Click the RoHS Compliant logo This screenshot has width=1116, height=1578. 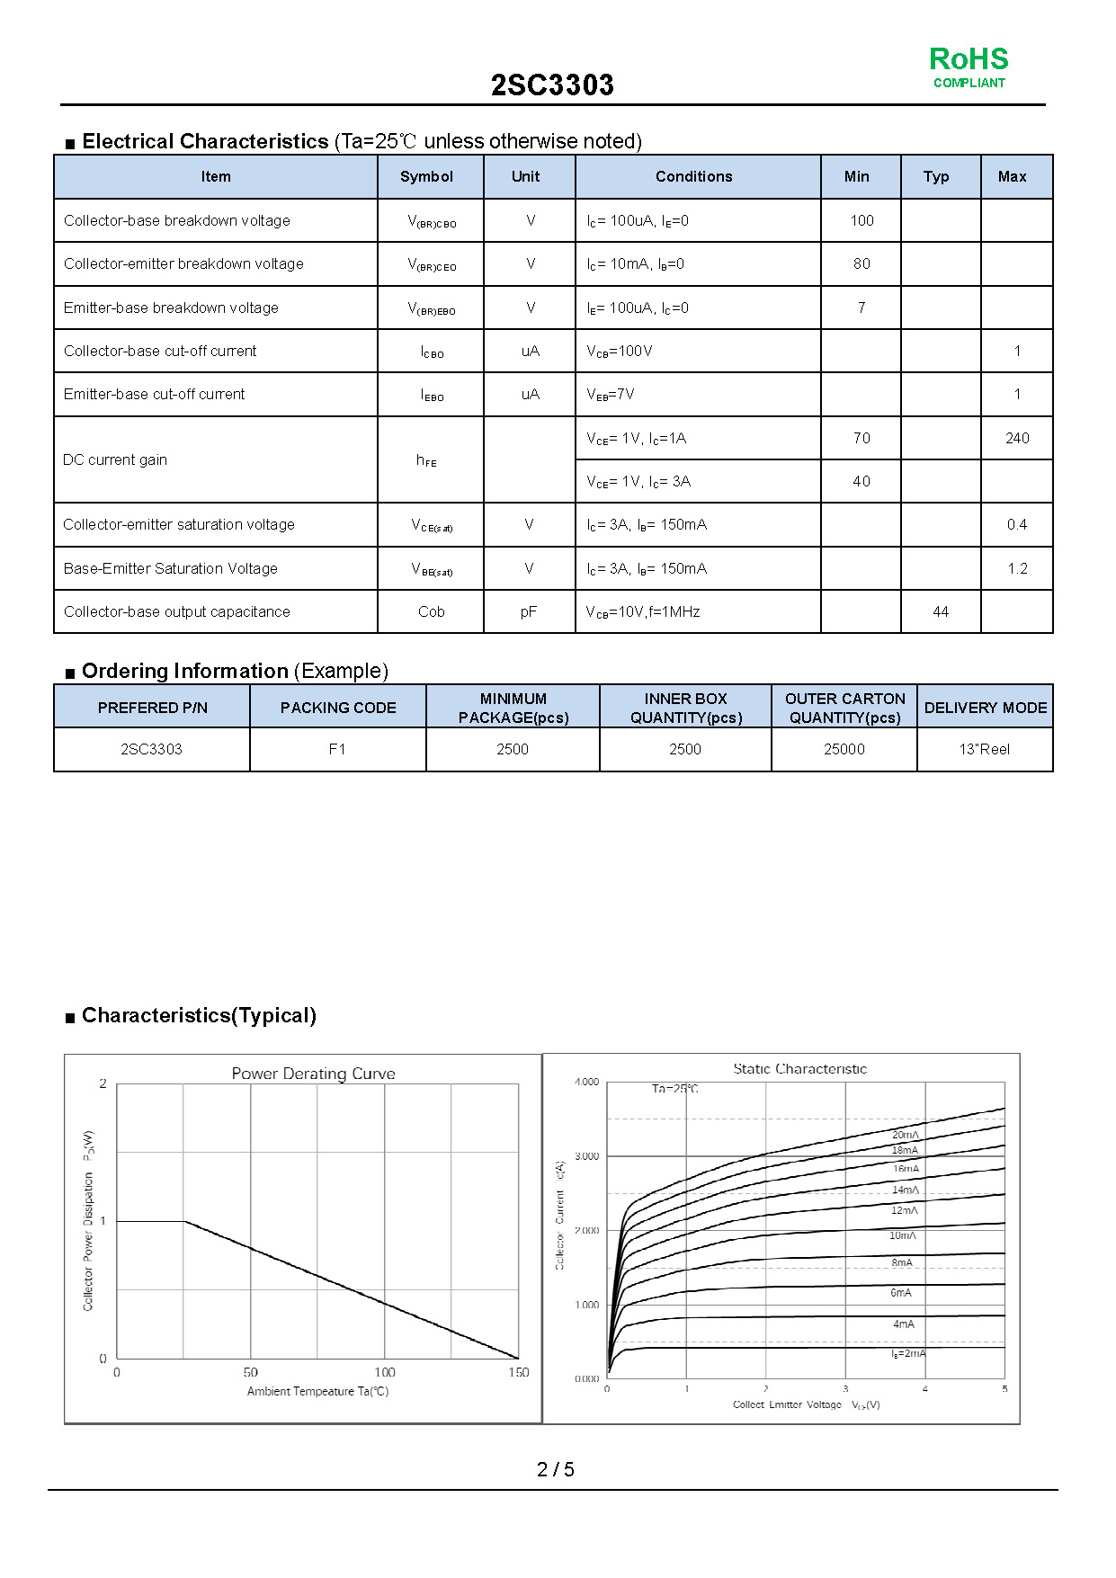point(969,67)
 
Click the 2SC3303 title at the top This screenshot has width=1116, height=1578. point(552,85)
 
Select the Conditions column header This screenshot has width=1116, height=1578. point(693,176)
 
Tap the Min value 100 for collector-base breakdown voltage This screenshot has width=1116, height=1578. point(862,220)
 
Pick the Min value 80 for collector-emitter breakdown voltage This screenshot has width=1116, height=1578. point(862,263)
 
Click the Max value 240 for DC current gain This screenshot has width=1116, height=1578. point(1017,438)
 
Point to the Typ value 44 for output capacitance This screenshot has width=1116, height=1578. point(941,611)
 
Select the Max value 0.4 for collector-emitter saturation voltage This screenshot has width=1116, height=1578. point(1017,524)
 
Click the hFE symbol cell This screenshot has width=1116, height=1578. point(426,460)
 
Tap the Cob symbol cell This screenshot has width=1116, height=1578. point(431,611)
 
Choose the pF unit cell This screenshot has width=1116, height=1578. point(529,611)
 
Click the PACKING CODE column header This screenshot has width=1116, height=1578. point(338,708)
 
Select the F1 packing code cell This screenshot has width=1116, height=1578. point(337,749)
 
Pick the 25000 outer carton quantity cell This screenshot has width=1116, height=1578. point(844,749)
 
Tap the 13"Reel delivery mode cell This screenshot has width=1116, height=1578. point(985,749)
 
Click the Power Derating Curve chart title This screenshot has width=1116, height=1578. point(313,1074)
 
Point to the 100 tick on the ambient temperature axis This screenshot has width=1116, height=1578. point(385,1372)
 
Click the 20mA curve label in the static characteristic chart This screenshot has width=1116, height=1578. point(905,1135)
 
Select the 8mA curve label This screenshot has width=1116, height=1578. point(902,1262)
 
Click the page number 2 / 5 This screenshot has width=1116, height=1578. point(556,1469)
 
